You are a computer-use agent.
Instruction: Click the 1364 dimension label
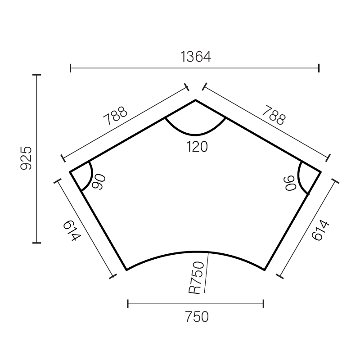[195, 57]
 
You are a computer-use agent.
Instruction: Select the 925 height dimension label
[27, 158]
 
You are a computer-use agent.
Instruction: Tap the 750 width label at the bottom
[197, 317]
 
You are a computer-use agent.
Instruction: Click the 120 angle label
[197, 147]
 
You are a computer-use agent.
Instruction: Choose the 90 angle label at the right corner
[292, 182]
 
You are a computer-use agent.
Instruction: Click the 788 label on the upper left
[115, 117]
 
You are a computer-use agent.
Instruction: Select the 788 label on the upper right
[274, 115]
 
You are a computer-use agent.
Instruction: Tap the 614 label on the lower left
[72, 229]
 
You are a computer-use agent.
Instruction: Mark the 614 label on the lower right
[320, 230]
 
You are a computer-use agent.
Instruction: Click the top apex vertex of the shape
[195, 100]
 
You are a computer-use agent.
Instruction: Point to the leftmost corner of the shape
[70, 172]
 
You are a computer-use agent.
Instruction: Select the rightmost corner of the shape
[320, 172]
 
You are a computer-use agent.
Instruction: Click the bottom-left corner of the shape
[127, 270]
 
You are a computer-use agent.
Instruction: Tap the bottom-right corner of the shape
[265, 270]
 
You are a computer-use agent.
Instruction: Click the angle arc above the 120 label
[195, 134]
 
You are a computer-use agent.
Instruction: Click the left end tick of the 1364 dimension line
[71, 68]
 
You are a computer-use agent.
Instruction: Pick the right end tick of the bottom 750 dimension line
[263, 304]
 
